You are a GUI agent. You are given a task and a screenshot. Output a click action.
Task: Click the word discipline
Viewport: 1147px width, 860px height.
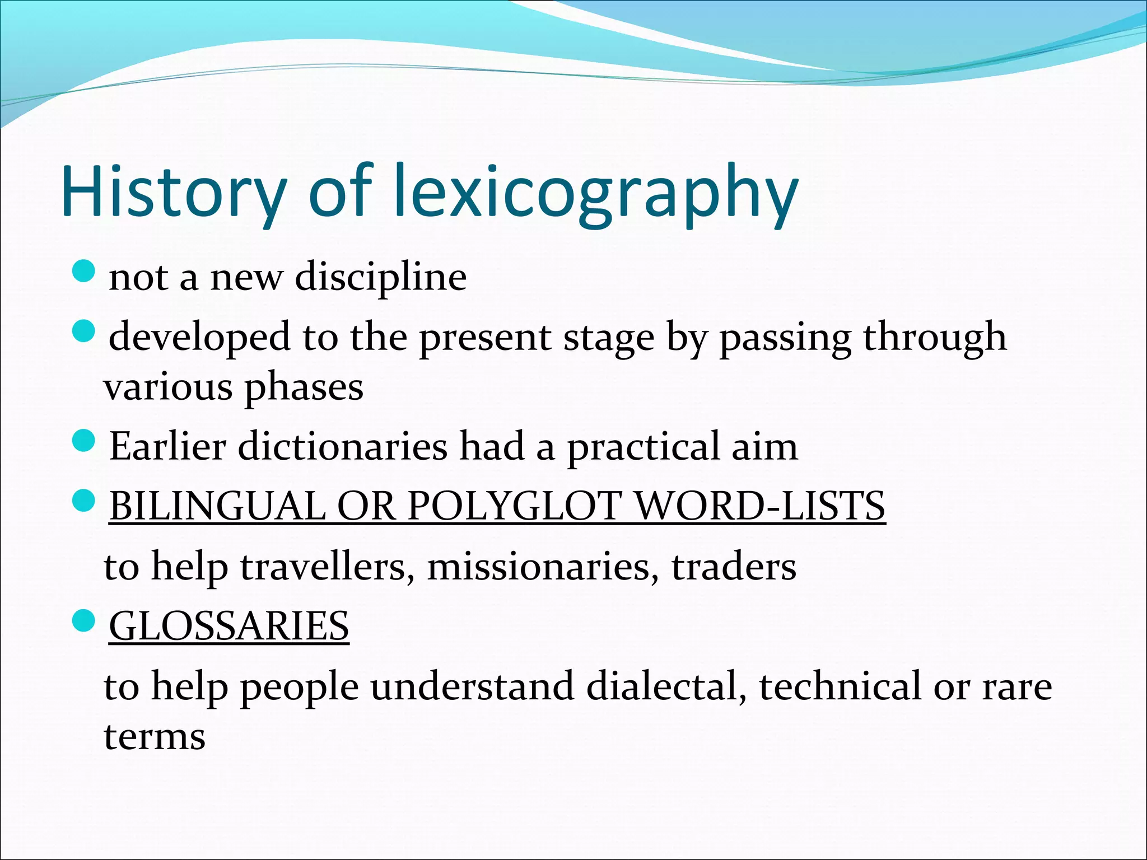coord(380,277)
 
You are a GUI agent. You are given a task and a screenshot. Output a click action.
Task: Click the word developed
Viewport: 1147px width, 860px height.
coord(200,337)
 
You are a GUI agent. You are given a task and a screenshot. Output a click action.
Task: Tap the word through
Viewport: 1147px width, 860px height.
coord(935,338)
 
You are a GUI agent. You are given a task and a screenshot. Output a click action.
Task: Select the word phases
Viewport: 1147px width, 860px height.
coord(304,387)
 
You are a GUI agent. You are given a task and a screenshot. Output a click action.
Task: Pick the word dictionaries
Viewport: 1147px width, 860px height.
coord(343,446)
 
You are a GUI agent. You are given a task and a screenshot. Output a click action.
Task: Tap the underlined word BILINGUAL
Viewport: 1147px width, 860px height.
coord(217,506)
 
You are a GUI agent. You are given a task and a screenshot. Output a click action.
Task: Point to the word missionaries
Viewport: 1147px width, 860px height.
coord(543,567)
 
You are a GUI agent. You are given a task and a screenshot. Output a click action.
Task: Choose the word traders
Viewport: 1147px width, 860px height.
coord(734,567)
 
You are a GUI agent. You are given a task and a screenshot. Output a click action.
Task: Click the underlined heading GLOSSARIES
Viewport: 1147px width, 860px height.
coord(229,626)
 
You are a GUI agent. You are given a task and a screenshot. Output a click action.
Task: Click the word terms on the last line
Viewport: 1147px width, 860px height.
coord(155,736)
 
